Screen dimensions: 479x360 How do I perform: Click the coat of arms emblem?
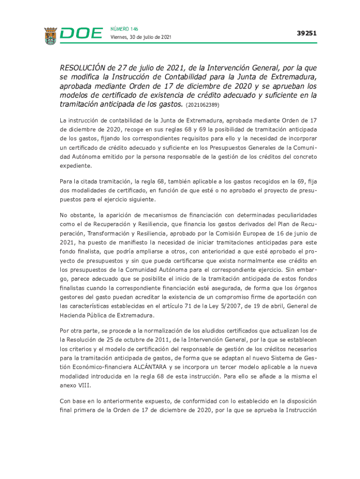(x=51, y=36)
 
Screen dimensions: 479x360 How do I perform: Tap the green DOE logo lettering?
(x=81, y=34)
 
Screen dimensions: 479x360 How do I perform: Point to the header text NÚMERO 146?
(x=124, y=29)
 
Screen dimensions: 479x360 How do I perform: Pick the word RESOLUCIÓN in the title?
(x=87, y=69)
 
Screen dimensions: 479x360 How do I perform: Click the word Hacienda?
(x=72, y=315)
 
